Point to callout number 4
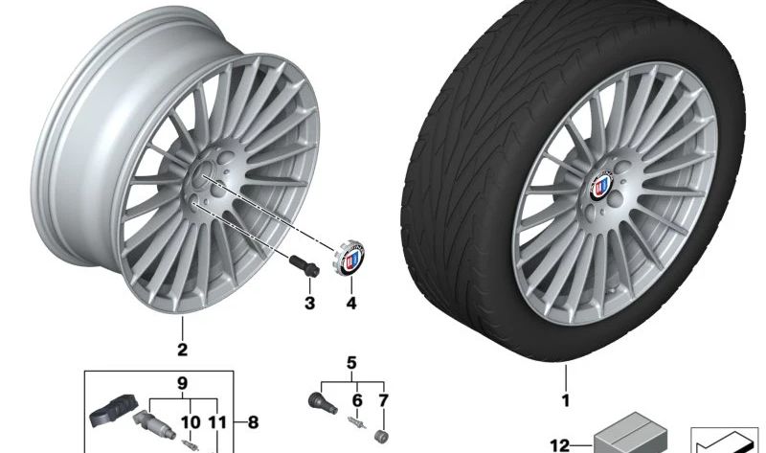349,305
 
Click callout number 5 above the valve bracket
351,362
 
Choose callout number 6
357,398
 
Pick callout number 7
384,398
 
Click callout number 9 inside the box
181,383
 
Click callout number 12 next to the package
559,443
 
